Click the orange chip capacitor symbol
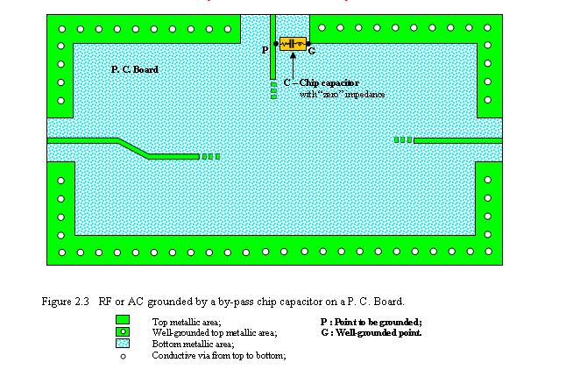click(x=294, y=43)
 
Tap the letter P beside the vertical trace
click(x=265, y=50)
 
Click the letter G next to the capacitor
click(x=312, y=51)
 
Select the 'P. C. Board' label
click(x=134, y=69)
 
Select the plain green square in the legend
click(x=123, y=320)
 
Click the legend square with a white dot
click(x=123, y=332)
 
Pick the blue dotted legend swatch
click(x=123, y=344)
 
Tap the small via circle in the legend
click(x=123, y=356)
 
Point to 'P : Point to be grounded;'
click(x=371, y=321)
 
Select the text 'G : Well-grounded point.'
click(x=371, y=332)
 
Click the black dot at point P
click(x=276, y=43)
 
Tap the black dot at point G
click(x=311, y=43)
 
